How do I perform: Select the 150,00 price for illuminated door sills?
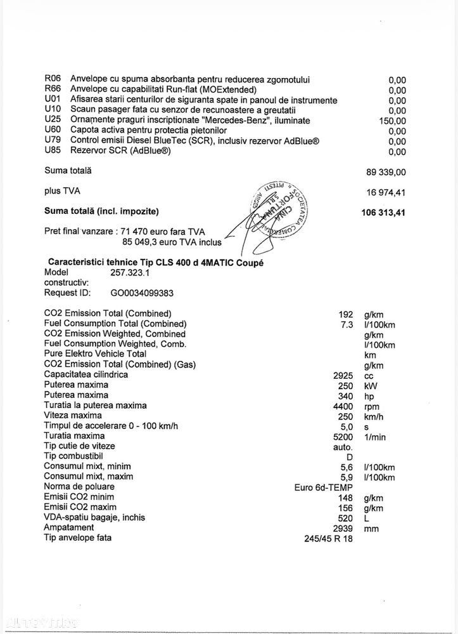(393, 121)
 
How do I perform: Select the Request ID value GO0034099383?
(142, 293)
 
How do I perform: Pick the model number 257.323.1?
(132, 272)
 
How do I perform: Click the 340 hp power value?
(347, 395)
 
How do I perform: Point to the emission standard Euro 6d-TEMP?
(324, 487)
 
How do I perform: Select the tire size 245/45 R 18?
(329, 538)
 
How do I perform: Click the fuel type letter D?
(350, 456)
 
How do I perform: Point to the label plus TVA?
(62, 190)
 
